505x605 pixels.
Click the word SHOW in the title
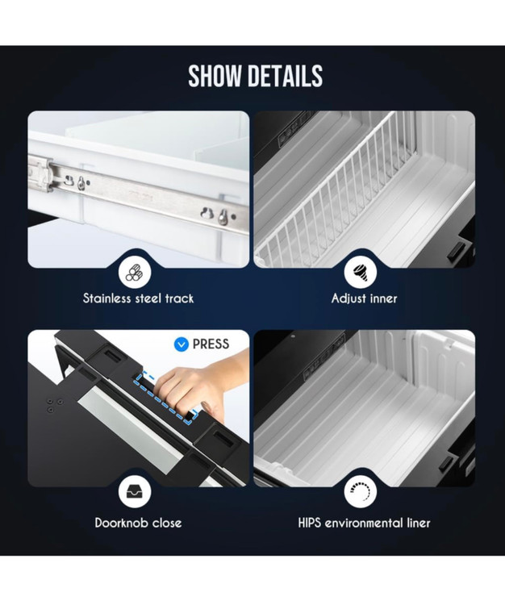[215, 76]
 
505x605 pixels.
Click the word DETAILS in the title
[286, 76]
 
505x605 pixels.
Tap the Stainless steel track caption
[138, 298]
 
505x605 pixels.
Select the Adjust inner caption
[364, 298]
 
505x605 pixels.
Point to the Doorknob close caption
[138, 523]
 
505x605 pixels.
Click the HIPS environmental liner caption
[364, 523]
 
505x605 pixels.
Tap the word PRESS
[211, 344]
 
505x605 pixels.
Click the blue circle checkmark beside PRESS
[182, 344]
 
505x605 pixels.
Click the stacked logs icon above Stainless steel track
[135, 273]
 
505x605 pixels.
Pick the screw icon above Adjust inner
[361, 272]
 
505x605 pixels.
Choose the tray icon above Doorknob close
[135, 491]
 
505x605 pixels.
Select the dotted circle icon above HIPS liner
[361, 491]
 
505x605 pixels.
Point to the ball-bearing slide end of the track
[40, 173]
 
